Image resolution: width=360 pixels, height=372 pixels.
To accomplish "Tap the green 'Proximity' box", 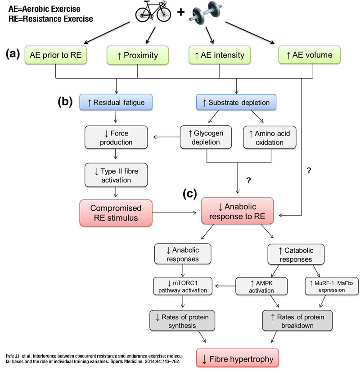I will (138, 55).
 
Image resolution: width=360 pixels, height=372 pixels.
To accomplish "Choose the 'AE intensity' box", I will (220, 55).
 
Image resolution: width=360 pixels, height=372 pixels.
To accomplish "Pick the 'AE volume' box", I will (309, 55).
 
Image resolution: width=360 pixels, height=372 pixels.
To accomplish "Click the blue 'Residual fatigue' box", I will (116, 102).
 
